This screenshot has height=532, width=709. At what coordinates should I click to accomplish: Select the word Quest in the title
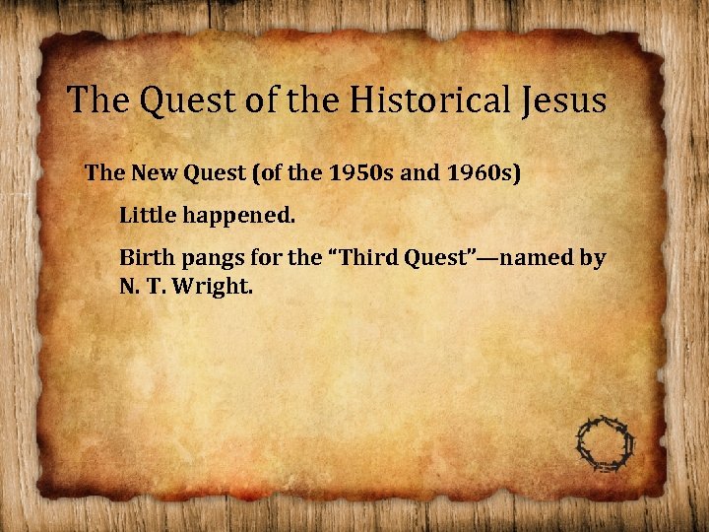pos(181,100)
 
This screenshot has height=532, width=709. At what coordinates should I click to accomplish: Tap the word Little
pos(149,215)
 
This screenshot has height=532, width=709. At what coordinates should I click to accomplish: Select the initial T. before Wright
pos(161,288)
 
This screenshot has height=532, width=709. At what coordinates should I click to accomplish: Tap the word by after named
pos(593,259)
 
